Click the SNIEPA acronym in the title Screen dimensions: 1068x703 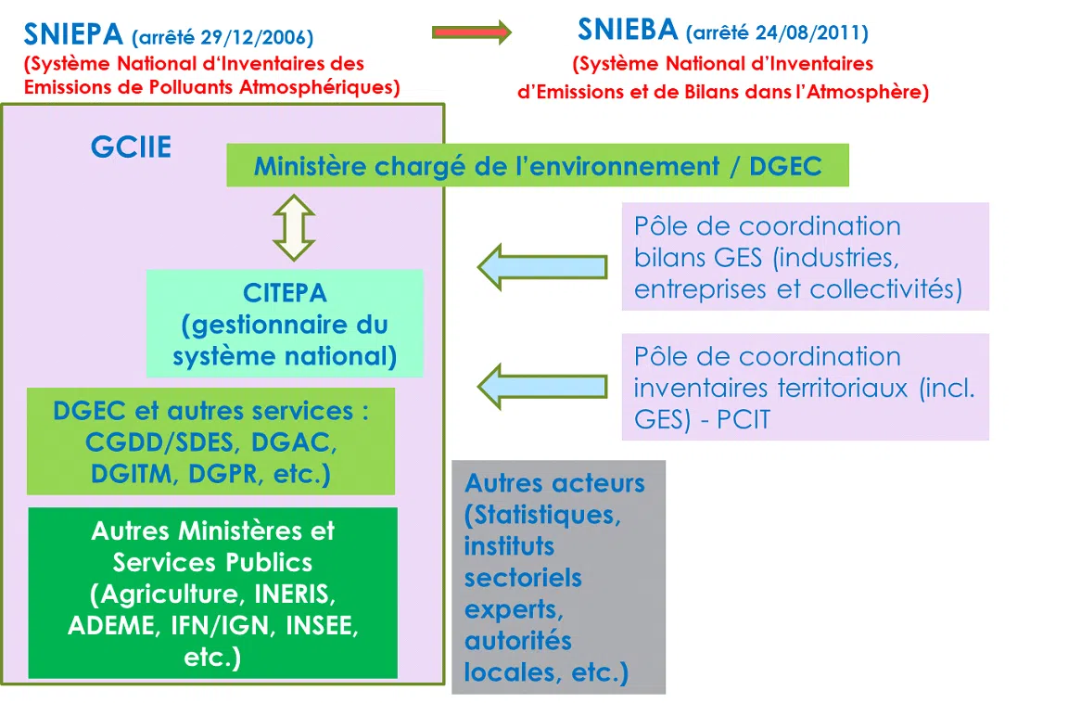pos(73,34)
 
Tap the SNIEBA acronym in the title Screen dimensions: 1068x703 pos(628,30)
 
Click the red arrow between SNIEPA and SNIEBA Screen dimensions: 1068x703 pos(471,32)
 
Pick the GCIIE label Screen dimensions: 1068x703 pos(131,147)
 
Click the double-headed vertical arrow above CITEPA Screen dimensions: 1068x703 pos(294,228)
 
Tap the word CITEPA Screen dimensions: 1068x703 pos(285,293)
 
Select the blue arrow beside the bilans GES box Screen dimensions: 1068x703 pos(542,267)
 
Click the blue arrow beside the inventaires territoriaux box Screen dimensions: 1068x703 pos(542,386)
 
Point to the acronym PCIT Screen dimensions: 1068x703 pos(744,419)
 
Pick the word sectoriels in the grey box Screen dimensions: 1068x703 pos(523,578)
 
